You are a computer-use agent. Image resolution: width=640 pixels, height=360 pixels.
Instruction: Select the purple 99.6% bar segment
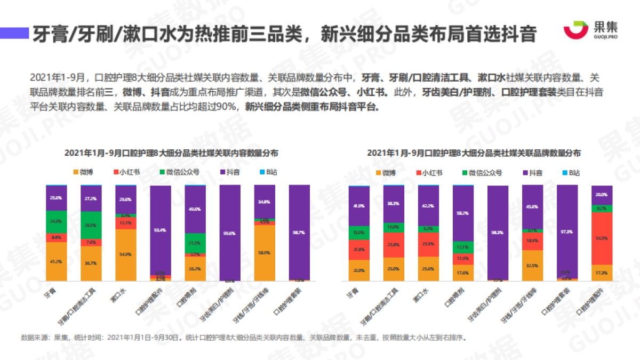point(230,233)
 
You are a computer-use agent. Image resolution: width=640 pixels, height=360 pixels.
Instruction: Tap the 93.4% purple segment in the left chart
point(161,230)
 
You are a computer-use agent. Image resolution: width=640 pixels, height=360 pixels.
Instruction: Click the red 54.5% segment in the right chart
point(602,238)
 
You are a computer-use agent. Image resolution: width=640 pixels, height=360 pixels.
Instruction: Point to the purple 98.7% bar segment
point(299,233)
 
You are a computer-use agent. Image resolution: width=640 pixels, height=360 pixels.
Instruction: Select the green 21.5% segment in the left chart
point(195,243)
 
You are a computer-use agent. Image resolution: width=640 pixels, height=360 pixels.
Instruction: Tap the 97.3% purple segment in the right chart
point(567,231)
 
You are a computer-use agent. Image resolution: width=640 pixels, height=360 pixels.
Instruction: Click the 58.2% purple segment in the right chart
point(463,213)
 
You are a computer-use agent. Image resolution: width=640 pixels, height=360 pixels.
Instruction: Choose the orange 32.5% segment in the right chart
point(532,265)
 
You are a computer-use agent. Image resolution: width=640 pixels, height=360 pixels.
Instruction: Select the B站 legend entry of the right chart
point(568,173)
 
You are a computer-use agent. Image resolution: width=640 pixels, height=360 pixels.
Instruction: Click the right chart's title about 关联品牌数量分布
point(474,153)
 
